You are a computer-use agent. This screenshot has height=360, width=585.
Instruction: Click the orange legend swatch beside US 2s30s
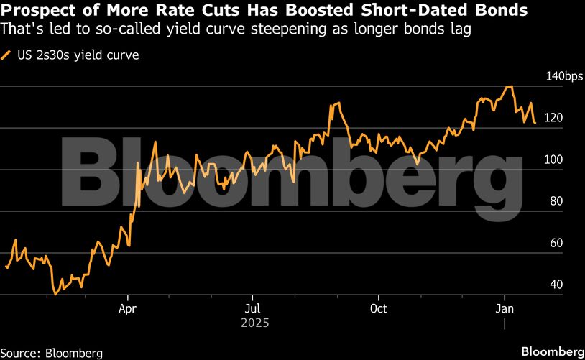pyautogui.click(x=6, y=55)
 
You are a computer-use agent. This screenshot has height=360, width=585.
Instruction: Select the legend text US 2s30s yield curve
pyautogui.click(x=77, y=55)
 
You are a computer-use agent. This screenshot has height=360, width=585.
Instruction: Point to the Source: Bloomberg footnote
pyautogui.click(x=52, y=353)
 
